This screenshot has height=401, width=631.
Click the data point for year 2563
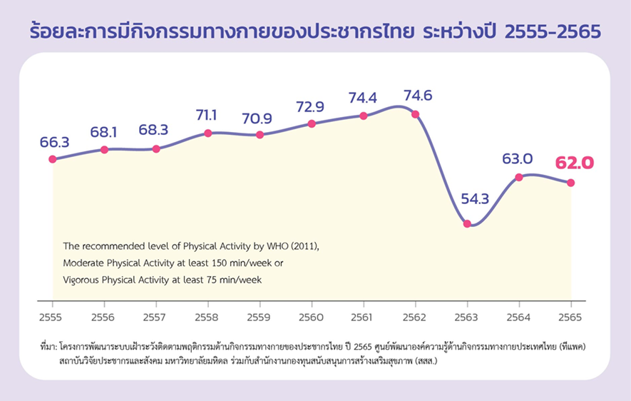[x=467, y=223]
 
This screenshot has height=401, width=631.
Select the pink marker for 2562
[x=415, y=114]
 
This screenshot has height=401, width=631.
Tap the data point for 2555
[x=52, y=159]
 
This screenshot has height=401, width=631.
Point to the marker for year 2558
[x=207, y=133]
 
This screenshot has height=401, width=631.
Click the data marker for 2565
[x=570, y=183]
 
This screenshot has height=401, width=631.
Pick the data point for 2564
[x=519, y=176]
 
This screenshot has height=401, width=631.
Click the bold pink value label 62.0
[x=574, y=163]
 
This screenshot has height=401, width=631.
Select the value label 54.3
[x=475, y=199]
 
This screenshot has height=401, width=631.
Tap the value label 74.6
[x=418, y=95]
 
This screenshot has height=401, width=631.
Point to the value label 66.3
[x=54, y=142]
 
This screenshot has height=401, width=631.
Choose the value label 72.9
[x=310, y=107]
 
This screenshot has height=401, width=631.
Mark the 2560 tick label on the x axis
[x=311, y=317]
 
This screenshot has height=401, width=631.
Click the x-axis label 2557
[x=155, y=317]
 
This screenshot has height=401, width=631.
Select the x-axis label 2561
[x=363, y=317]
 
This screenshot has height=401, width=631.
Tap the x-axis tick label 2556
[x=104, y=317]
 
